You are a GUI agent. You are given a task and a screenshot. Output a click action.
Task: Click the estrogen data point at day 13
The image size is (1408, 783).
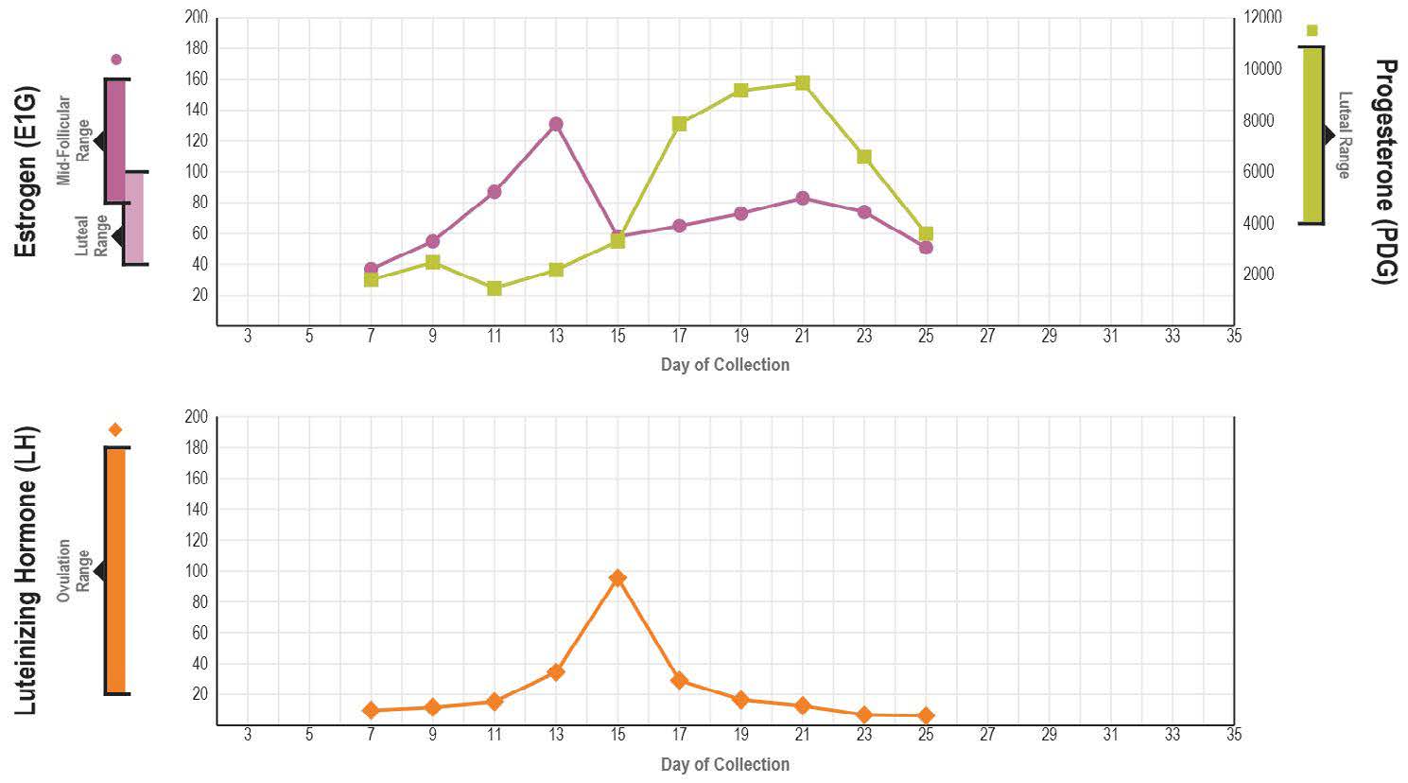(556, 124)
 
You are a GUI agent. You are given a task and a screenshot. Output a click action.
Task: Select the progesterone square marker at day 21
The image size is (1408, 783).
(802, 83)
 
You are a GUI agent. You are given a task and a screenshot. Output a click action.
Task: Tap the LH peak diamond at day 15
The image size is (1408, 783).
(617, 578)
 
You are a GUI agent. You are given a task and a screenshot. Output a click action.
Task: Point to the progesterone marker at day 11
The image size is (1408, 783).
(494, 288)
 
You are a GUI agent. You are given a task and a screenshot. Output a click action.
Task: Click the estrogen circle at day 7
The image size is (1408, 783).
(371, 270)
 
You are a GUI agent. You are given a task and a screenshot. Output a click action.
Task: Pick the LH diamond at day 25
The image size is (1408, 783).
(926, 716)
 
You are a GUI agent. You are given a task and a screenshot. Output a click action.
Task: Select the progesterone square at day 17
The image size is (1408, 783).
(679, 124)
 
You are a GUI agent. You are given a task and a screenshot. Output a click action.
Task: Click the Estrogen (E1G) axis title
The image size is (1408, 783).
(26, 171)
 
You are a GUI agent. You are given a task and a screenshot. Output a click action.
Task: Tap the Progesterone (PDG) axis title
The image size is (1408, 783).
(1384, 171)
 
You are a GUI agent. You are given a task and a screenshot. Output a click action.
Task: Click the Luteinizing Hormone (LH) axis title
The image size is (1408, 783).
(26, 571)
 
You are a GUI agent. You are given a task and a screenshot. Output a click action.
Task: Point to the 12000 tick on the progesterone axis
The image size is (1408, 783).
(1263, 18)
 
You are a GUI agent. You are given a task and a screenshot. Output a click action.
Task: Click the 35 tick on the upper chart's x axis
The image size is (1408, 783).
(1233, 336)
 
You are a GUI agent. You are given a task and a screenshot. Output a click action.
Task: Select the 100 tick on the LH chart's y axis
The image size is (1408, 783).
(196, 571)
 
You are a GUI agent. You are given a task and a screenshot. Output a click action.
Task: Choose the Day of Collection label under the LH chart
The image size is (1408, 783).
(724, 764)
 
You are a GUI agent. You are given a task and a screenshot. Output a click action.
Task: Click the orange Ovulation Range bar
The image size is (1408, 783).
(115, 571)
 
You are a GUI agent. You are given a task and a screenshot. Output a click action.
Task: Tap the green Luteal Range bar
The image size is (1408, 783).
(1312, 135)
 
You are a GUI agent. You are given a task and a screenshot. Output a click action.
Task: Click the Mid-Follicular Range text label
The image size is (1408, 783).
(73, 140)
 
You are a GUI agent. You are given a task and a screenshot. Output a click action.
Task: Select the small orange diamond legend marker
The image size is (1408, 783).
(115, 430)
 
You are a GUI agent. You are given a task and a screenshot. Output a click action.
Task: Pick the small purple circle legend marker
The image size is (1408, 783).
(116, 60)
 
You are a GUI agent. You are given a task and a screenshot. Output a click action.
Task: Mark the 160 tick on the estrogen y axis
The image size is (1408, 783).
(196, 79)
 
